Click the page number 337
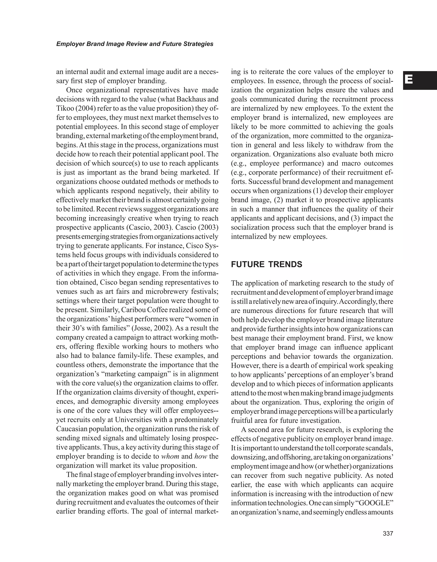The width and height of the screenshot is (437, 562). click(388, 533)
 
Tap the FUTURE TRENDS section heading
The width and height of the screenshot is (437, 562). click(267, 264)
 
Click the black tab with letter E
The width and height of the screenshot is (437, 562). click(420, 80)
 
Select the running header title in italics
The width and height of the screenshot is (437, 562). click(135, 44)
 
